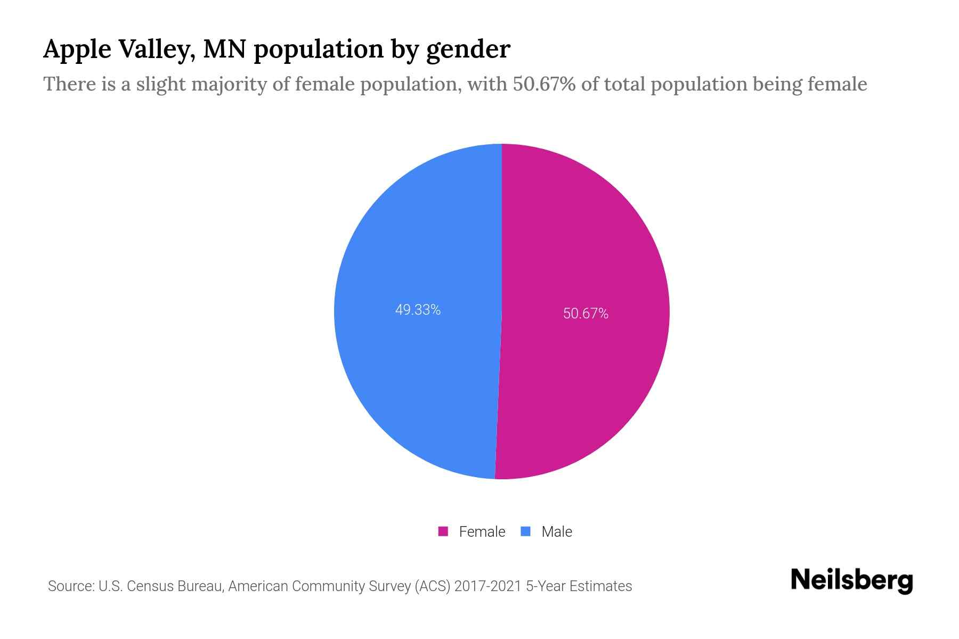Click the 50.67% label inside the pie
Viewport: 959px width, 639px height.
click(x=586, y=314)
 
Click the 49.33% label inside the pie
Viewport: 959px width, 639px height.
click(x=418, y=310)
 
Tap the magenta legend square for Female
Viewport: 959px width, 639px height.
click(x=443, y=531)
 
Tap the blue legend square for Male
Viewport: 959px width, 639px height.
click(x=526, y=531)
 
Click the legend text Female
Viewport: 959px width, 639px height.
click(x=482, y=531)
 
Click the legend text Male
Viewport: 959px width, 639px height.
click(x=556, y=531)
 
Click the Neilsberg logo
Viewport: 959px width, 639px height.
click(x=851, y=580)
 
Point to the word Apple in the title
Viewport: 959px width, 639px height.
click(x=77, y=50)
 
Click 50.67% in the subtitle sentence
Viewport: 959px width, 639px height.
click(x=544, y=84)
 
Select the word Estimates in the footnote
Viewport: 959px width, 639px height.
click(x=600, y=586)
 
